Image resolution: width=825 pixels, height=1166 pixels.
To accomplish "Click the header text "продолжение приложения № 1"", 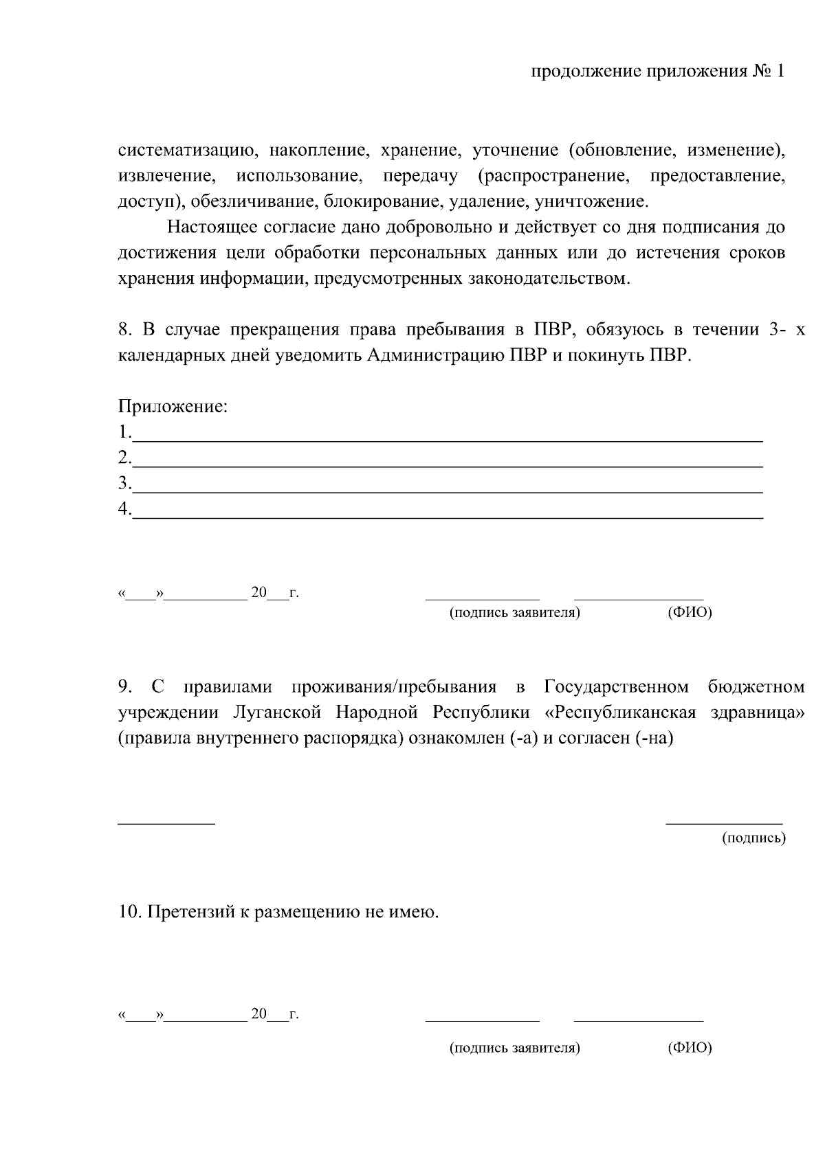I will tap(658, 72).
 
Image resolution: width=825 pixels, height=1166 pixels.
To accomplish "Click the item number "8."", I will tap(124, 330).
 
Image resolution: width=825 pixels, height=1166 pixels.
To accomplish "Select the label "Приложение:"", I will tap(173, 407).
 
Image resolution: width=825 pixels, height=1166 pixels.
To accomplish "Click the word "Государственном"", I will tap(616, 687).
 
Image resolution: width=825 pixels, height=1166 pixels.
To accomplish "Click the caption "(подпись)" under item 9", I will tap(753, 838).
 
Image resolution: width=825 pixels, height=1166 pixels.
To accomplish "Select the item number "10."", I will tap(129, 913).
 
